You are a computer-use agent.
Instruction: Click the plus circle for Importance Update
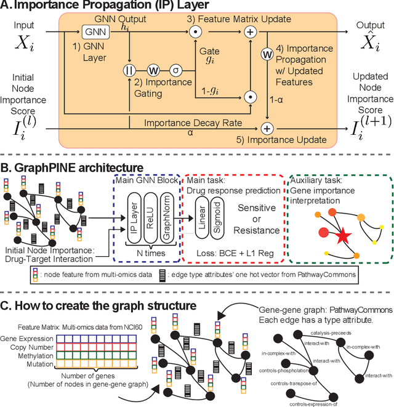[x=268, y=129]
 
